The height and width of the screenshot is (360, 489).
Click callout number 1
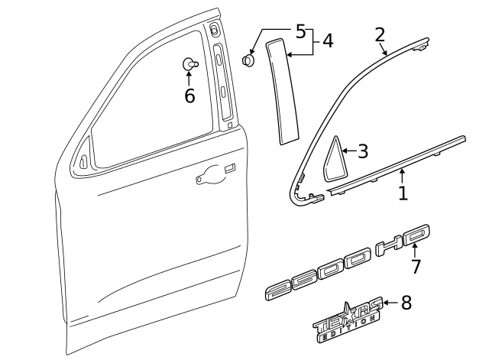[403, 193]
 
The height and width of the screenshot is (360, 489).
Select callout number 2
[380, 34]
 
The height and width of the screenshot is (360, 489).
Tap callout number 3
[362, 151]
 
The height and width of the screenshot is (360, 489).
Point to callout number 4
[327, 41]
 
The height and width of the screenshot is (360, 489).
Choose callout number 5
[300, 31]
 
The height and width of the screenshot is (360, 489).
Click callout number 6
[189, 96]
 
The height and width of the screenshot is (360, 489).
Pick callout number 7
[416, 266]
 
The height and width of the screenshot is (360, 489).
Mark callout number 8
[406, 303]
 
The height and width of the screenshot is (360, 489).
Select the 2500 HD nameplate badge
[348, 264]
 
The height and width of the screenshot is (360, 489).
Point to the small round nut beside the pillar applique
[248, 60]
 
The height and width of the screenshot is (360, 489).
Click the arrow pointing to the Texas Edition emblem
[390, 303]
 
